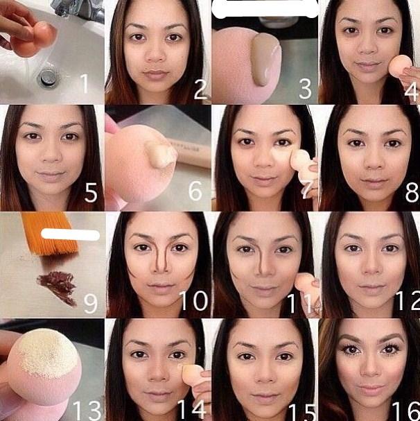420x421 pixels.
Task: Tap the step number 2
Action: tap(200, 89)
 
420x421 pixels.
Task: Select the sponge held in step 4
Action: tap(400, 66)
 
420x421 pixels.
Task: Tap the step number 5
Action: tap(91, 192)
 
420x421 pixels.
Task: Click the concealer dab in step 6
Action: tap(161, 153)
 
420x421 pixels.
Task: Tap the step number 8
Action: tap(412, 192)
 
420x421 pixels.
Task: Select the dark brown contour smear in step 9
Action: tap(58, 287)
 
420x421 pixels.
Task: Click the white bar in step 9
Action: tap(70, 234)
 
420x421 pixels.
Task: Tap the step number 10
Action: tap(193, 300)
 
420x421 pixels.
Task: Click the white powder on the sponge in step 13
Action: tap(47, 348)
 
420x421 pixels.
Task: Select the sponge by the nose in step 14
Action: tap(192, 375)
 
